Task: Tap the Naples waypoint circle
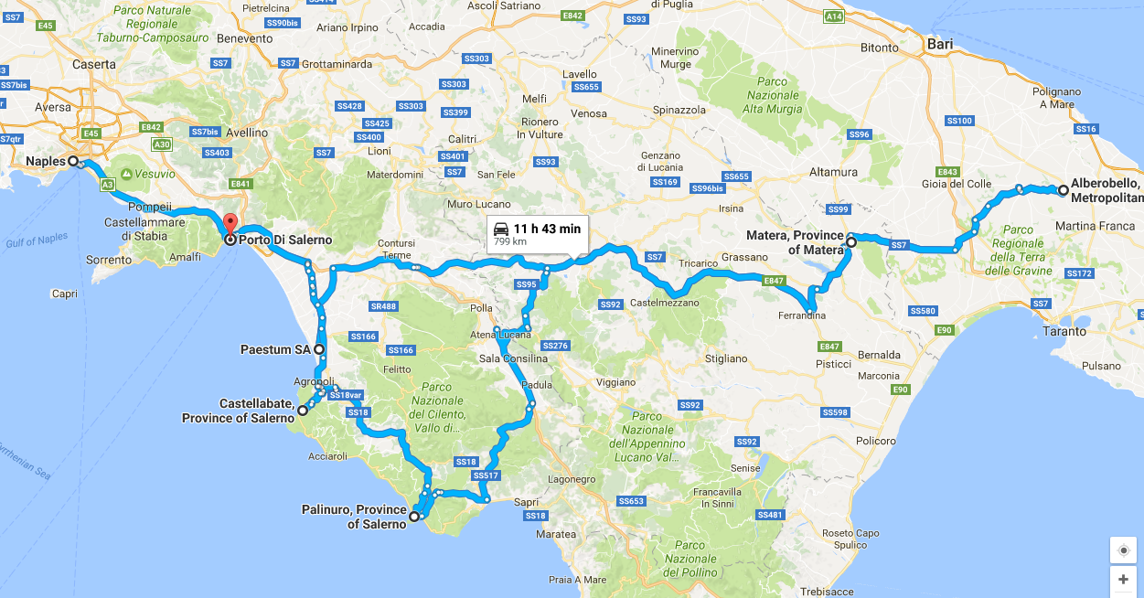(73, 162)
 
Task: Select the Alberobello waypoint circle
(1064, 190)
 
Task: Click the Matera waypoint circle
(850, 242)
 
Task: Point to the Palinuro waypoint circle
(413, 517)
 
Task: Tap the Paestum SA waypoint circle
(319, 349)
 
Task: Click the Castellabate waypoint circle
(303, 411)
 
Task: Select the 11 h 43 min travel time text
(547, 229)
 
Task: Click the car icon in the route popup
(500, 229)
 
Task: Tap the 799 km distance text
(510, 242)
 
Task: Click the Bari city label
(939, 44)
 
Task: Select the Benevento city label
(245, 38)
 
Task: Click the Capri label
(65, 294)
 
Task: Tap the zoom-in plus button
(1123, 579)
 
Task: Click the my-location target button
(1123, 550)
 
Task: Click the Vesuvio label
(155, 173)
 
